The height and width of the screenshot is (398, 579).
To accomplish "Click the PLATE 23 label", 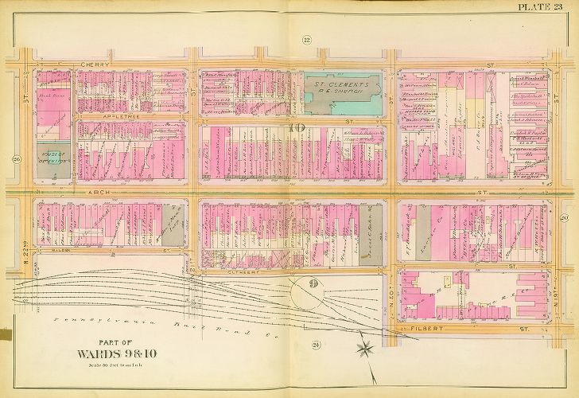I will pyautogui.click(x=546, y=7).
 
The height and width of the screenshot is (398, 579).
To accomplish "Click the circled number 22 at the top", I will pyautogui.click(x=306, y=40).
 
